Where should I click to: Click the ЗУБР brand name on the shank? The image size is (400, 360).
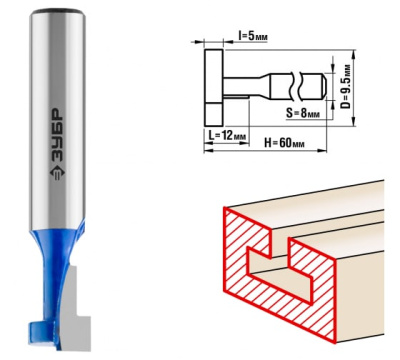click(57, 136)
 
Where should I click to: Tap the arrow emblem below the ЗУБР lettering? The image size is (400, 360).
click(57, 173)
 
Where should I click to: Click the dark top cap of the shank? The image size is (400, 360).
click(57, 11)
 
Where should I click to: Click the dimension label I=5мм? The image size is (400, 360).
click(253, 36)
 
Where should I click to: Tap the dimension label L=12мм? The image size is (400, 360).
click(227, 136)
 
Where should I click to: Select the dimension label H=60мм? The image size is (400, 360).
click(284, 143)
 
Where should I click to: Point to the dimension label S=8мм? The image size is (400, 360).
click(303, 113)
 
